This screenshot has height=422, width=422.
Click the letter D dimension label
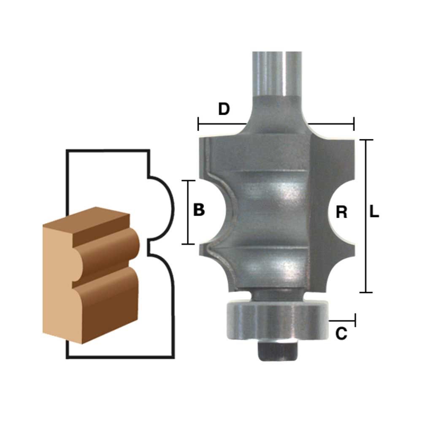(224, 109)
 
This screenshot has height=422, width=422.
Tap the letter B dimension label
(199, 210)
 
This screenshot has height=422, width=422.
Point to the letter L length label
(374, 211)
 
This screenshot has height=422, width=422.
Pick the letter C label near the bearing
(341, 334)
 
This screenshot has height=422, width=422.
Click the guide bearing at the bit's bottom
(277, 321)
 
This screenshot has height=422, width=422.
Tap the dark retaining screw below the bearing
(278, 350)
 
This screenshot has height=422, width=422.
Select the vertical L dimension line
(366, 216)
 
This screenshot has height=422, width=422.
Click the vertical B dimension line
(188, 212)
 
